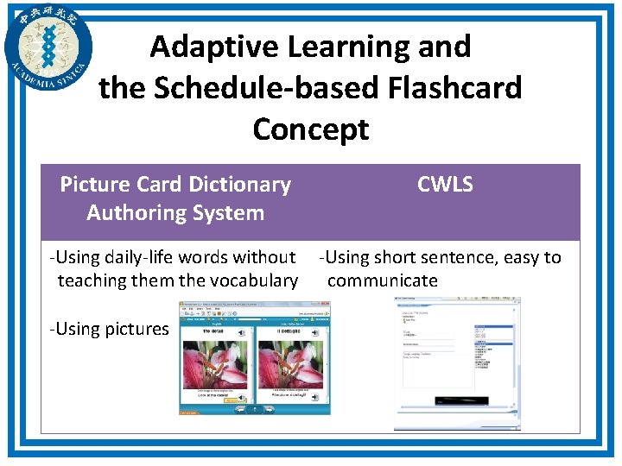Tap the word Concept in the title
(310, 129)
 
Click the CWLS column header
(445, 184)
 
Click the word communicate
(382, 280)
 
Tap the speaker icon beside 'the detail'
(243, 332)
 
